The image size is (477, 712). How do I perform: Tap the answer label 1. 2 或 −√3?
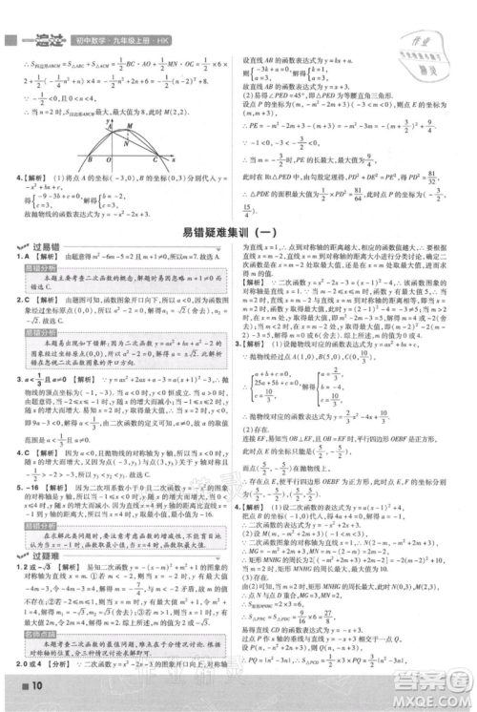coord(33,568)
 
